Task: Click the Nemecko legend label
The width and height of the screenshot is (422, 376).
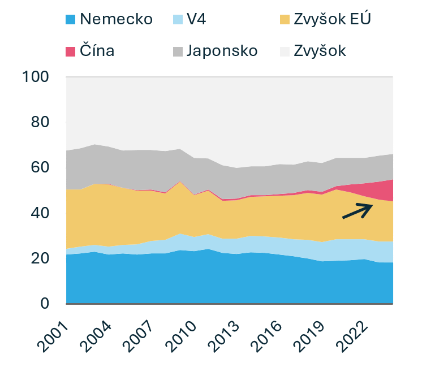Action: (x=117, y=19)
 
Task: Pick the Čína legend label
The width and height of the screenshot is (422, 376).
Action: (x=97, y=50)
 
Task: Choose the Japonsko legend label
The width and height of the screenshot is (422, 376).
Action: (x=222, y=50)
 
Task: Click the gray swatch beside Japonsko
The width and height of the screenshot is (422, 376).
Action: (x=178, y=51)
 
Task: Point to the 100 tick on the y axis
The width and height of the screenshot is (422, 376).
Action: (x=37, y=77)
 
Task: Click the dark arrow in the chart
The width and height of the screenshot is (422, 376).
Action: (x=358, y=210)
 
